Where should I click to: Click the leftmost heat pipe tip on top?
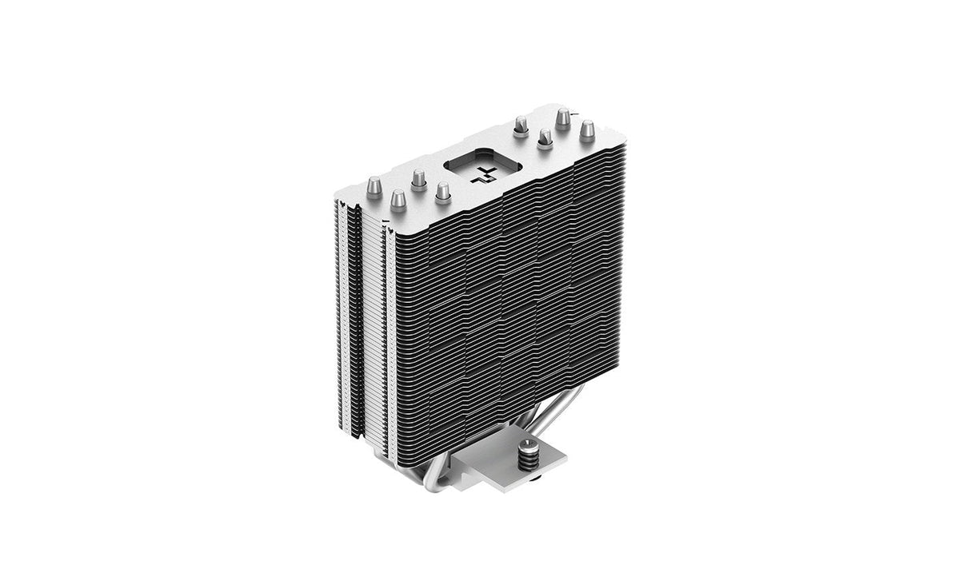point(373,186)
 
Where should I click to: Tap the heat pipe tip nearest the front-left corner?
point(398,200)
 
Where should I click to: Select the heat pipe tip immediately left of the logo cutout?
point(442,193)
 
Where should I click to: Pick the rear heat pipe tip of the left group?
point(418,178)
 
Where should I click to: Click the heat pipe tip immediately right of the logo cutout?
point(521,126)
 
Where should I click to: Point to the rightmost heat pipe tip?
point(587,130)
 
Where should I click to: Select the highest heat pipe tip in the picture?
point(563,118)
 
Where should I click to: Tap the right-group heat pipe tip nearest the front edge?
point(545,139)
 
